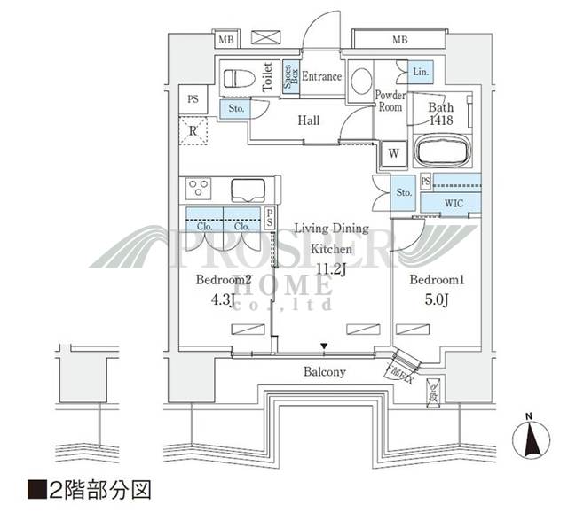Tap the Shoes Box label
tap(289, 77)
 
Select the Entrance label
tap(321, 77)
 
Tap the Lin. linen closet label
tap(420, 72)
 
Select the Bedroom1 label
tap(436, 280)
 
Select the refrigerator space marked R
tap(193, 132)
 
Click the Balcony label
tap(327, 372)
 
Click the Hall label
tap(309, 120)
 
